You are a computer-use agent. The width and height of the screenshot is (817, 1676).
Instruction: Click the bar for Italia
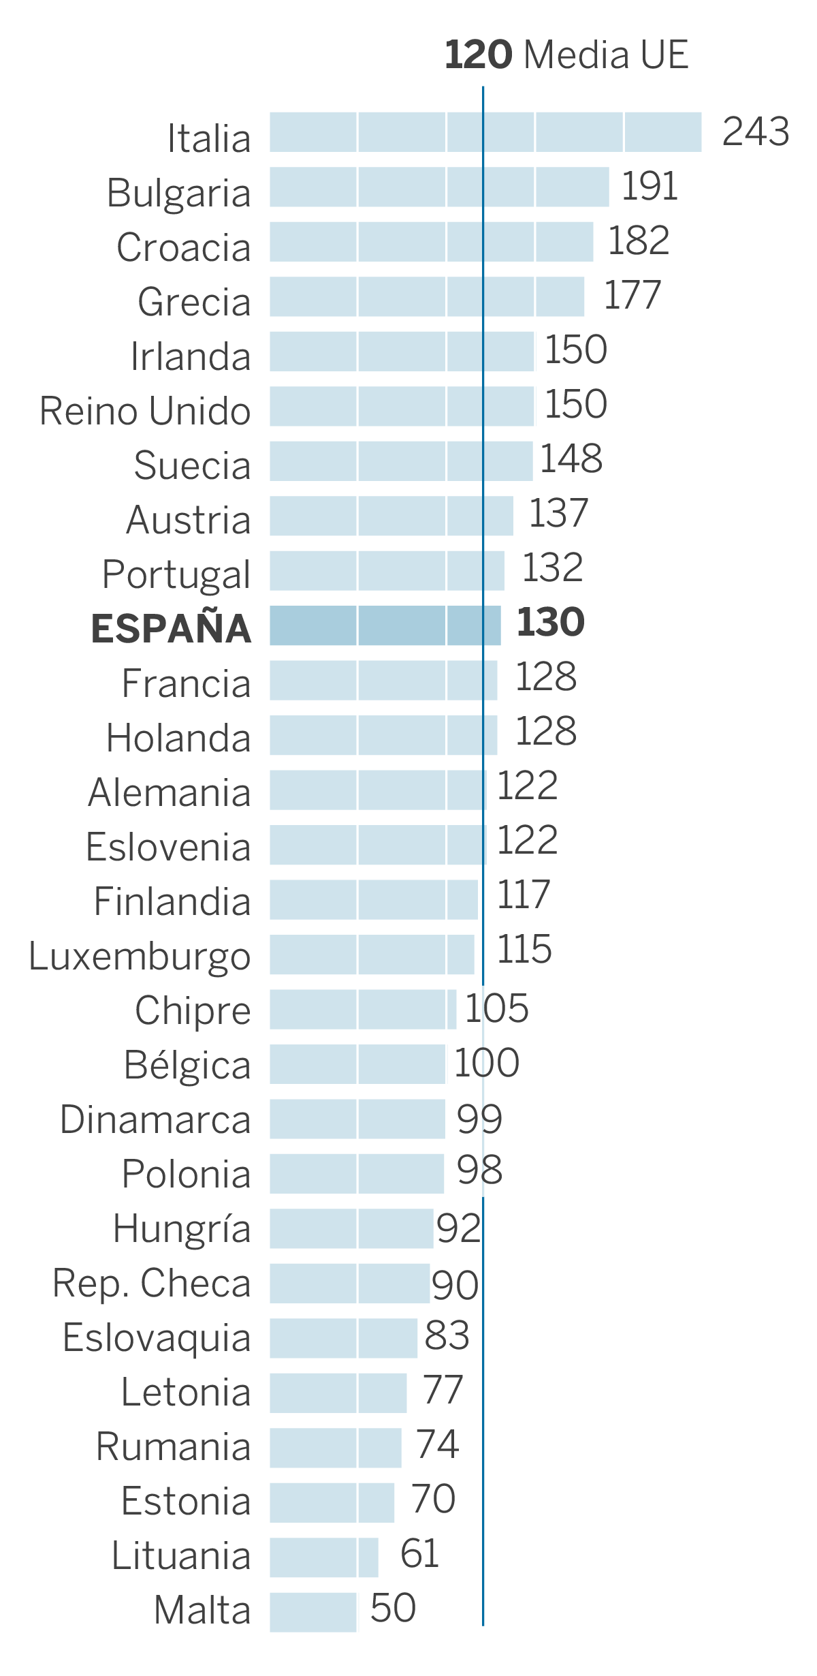tap(485, 132)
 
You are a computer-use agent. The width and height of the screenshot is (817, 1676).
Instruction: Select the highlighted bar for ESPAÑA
tap(385, 625)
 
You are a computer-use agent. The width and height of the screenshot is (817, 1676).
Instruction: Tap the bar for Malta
tap(313, 1612)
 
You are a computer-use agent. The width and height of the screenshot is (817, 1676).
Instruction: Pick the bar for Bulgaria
tap(439, 187)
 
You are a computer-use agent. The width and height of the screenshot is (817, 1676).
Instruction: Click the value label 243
tap(755, 131)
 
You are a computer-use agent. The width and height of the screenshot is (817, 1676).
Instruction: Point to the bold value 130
tap(550, 622)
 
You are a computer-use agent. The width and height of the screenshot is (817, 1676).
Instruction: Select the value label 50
tap(393, 1609)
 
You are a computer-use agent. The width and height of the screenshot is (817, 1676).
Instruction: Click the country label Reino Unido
tap(145, 411)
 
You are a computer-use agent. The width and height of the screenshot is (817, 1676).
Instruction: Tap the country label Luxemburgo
tap(140, 957)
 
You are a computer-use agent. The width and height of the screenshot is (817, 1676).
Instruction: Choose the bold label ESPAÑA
tap(171, 628)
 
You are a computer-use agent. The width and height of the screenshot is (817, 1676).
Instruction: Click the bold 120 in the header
tap(478, 55)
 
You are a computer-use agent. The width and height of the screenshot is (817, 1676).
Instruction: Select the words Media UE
tap(606, 55)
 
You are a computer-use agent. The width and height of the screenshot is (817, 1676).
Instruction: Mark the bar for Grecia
tap(426, 296)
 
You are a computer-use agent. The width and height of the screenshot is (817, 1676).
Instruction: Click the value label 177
tap(632, 295)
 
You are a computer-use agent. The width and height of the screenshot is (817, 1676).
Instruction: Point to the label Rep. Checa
tap(152, 1284)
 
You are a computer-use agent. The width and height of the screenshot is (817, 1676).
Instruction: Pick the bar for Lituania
tap(323, 1557)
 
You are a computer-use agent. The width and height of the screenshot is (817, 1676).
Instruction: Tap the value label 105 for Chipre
tap(496, 1008)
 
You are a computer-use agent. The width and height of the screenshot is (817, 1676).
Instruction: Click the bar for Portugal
tap(387, 570)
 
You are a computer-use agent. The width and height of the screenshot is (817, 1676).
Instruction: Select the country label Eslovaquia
tap(157, 1338)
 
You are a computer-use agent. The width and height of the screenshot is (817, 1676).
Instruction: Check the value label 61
tap(419, 1554)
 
